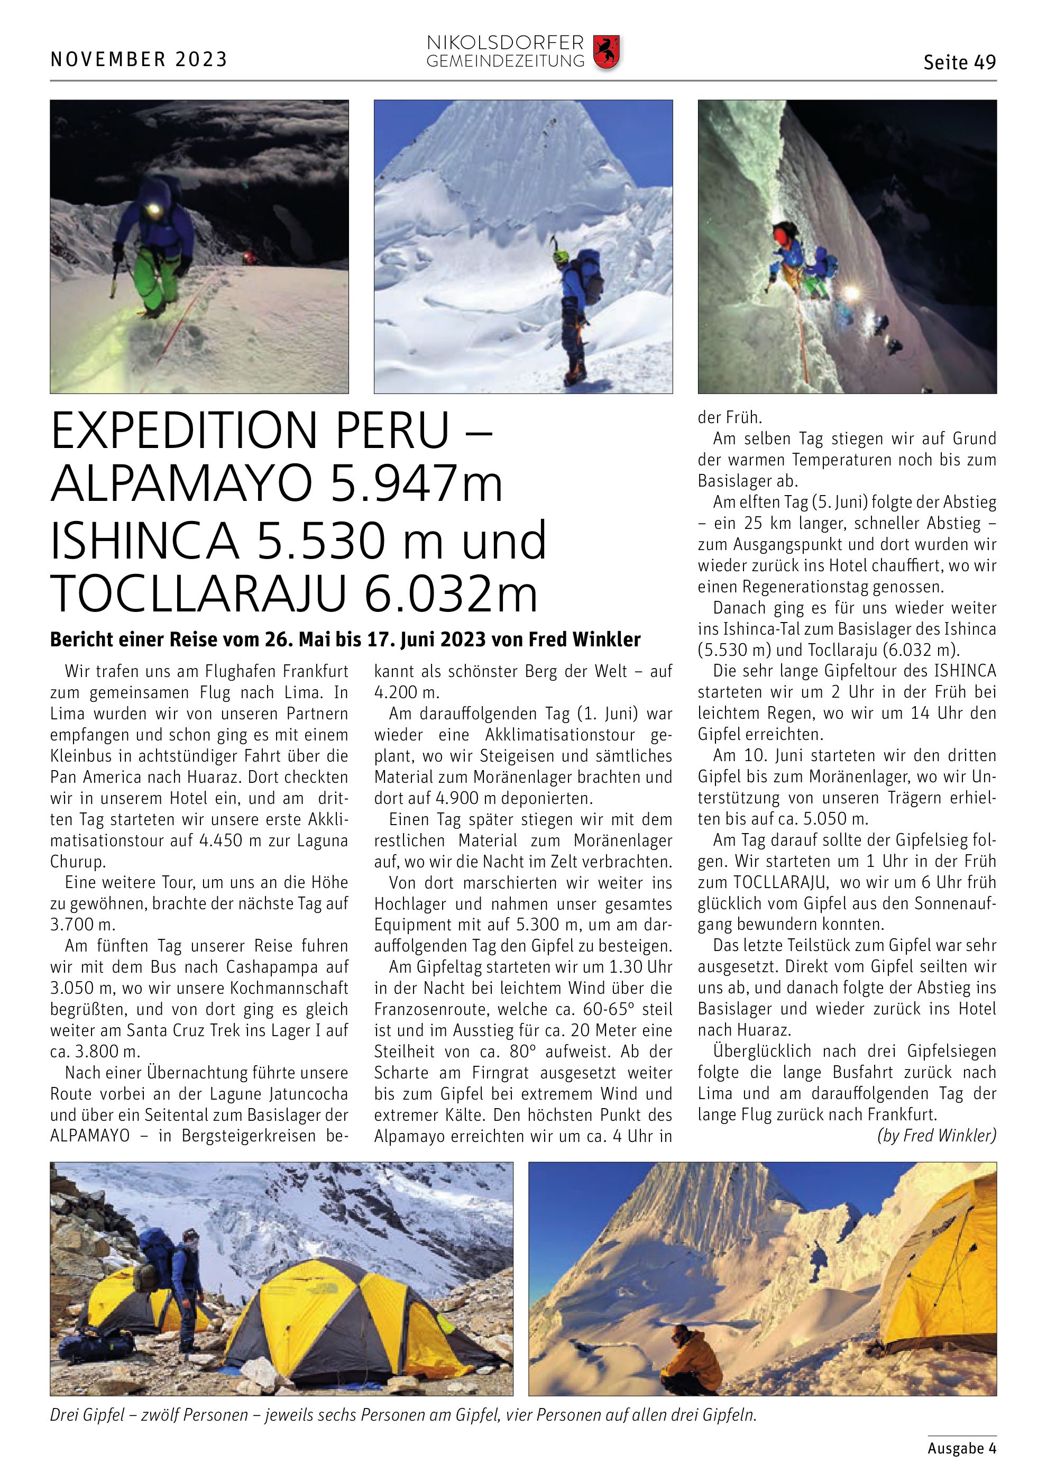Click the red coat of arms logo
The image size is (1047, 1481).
tap(605, 52)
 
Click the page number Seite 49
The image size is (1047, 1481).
tap(959, 62)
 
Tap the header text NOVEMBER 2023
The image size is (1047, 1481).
tap(139, 59)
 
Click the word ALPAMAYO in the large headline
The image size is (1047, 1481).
tap(182, 484)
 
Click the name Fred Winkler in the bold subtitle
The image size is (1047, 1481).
tap(584, 639)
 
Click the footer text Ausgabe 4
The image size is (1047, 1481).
tap(961, 1448)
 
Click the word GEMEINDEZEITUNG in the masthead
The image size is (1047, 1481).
tap(505, 61)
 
